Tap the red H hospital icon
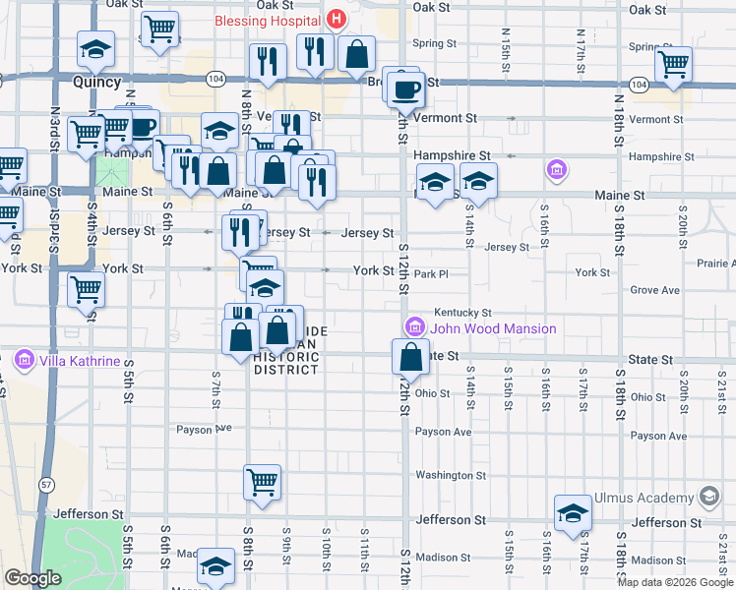[x=337, y=19]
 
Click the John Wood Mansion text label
[x=493, y=328]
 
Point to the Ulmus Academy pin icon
[x=708, y=498]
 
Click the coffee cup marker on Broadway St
[x=403, y=90]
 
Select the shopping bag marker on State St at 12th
[x=411, y=356]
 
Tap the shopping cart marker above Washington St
[x=263, y=482]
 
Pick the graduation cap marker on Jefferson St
[x=573, y=513]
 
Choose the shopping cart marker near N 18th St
[x=674, y=64]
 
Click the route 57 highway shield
[x=45, y=484]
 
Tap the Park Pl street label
[x=430, y=274]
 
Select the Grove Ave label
[x=655, y=290]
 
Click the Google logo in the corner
[x=32, y=578]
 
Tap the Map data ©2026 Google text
[x=675, y=582]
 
